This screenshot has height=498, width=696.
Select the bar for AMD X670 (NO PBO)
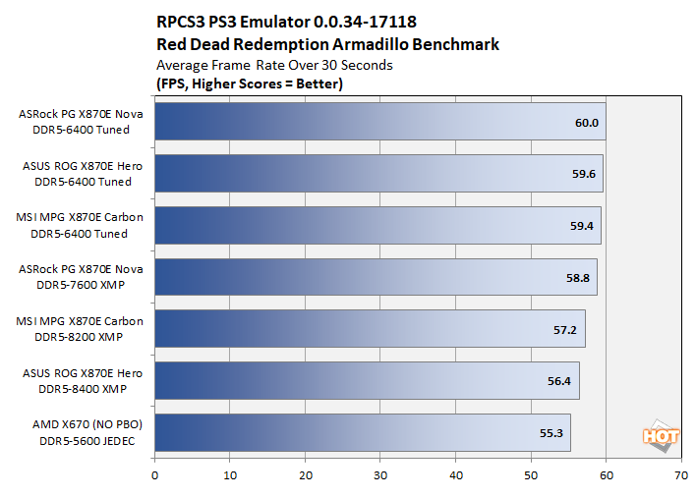[x=363, y=433]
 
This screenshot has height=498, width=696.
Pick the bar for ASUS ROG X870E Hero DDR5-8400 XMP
[x=367, y=381]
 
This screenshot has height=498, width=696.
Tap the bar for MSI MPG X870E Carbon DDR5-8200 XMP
[x=370, y=329]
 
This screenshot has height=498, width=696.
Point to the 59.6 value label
[x=583, y=175]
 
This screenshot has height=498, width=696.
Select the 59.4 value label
[x=582, y=227]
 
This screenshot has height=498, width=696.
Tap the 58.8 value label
[x=578, y=278]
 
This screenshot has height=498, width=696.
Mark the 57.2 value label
[x=565, y=330]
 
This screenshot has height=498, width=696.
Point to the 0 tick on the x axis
[x=154, y=475]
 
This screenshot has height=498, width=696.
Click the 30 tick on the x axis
[x=380, y=475]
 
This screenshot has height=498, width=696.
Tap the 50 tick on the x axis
[x=531, y=475]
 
